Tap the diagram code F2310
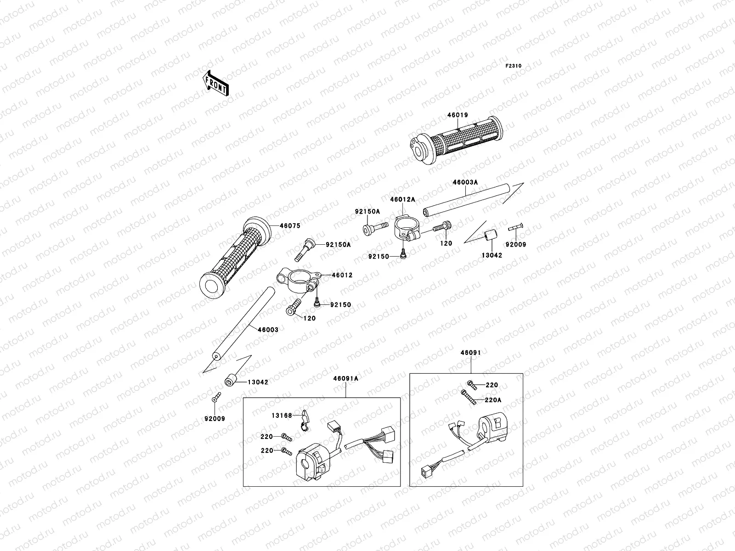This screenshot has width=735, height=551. point(514,66)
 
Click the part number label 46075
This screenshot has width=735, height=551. point(290,226)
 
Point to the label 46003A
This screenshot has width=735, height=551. point(465,182)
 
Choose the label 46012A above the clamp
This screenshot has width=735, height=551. point(403,199)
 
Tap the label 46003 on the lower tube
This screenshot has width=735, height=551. point(267,330)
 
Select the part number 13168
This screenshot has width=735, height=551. point(282,416)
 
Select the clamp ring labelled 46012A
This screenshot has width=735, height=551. point(405,227)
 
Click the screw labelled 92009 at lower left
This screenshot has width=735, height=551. point(215,399)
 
